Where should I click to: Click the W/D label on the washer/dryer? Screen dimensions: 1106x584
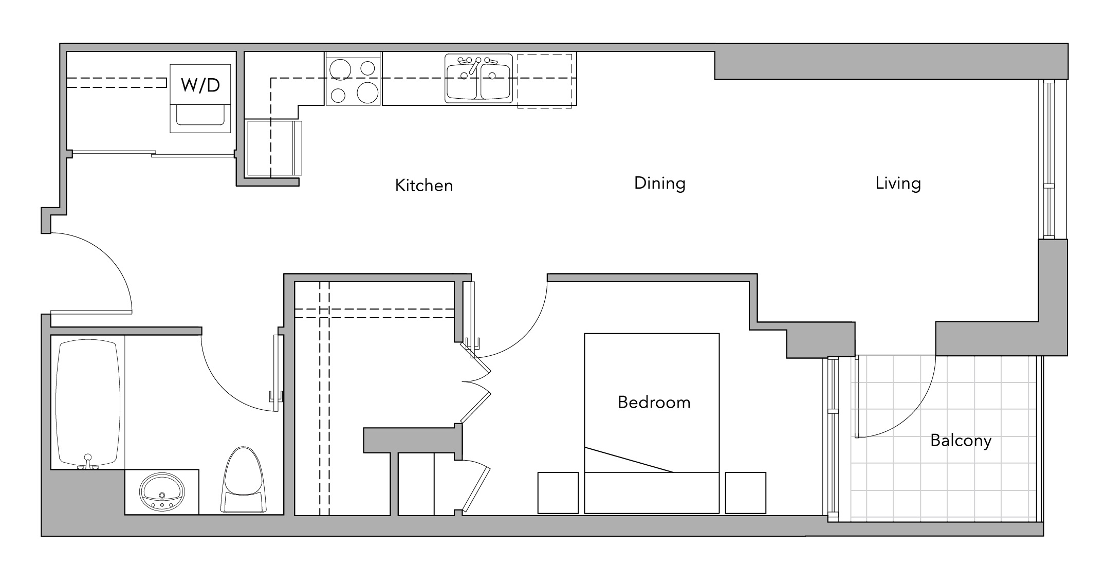pyautogui.click(x=200, y=85)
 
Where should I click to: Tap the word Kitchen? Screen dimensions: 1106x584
pyautogui.click(x=424, y=185)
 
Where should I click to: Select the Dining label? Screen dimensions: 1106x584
pyautogui.click(x=660, y=184)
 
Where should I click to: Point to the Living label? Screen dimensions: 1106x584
pyautogui.click(x=898, y=184)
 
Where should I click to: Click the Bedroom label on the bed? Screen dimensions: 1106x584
pyautogui.click(x=654, y=402)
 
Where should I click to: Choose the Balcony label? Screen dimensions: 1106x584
pyautogui.click(x=961, y=441)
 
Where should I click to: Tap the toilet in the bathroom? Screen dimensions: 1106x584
pyautogui.click(x=244, y=480)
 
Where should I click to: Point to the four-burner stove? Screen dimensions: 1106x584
pyautogui.click(x=353, y=79)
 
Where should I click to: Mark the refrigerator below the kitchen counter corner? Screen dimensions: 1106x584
pyautogui.click(x=273, y=148)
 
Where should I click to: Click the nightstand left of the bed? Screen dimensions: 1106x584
pyautogui.click(x=558, y=492)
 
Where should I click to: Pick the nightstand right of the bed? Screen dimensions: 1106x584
pyautogui.click(x=746, y=492)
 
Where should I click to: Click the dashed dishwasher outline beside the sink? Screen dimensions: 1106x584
pyautogui.click(x=545, y=81)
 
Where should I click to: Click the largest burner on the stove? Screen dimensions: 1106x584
pyautogui.click(x=368, y=93)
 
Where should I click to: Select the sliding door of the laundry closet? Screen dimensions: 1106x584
pyautogui.click(x=153, y=153)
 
